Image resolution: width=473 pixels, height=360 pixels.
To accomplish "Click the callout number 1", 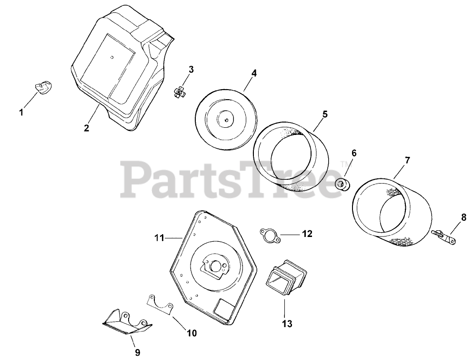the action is pyautogui.click(x=21, y=113).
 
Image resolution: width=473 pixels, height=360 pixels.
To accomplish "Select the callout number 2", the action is pyautogui.click(x=87, y=128).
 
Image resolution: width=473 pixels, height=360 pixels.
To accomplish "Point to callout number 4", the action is pyautogui.click(x=254, y=73).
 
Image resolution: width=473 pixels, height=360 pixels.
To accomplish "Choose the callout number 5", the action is pyautogui.click(x=325, y=114).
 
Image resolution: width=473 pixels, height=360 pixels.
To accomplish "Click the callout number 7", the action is pyautogui.click(x=407, y=161).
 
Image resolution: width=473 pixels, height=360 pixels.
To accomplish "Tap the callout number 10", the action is pyautogui.click(x=191, y=333).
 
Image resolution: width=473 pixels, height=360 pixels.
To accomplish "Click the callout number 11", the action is pyautogui.click(x=159, y=237).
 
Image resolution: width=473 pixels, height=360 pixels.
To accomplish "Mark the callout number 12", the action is pyautogui.click(x=307, y=234).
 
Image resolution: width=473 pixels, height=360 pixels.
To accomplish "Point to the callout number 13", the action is pyautogui.click(x=286, y=324).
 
